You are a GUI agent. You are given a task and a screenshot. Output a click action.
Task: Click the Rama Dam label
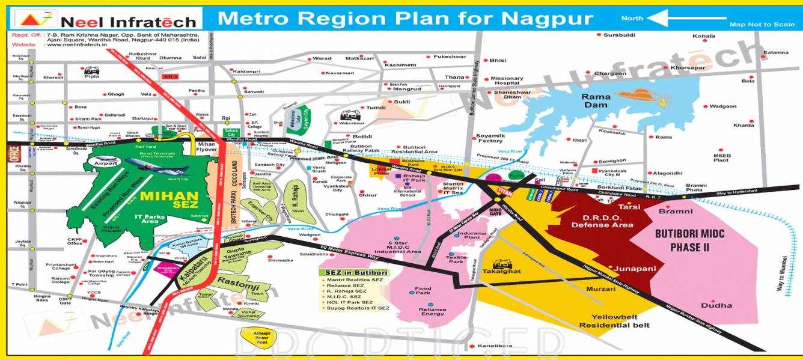click(x=596, y=100)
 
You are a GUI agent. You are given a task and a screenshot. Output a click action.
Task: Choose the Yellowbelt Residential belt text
click(x=614, y=321)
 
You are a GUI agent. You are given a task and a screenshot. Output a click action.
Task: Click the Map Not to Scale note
click(x=762, y=25)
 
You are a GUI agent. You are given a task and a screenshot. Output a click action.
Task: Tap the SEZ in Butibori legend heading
click(x=354, y=272)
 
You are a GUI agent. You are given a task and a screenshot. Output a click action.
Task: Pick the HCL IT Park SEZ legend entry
click(x=350, y=302)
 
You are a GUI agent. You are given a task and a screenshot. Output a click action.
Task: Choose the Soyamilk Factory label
click(x=489, y=138)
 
